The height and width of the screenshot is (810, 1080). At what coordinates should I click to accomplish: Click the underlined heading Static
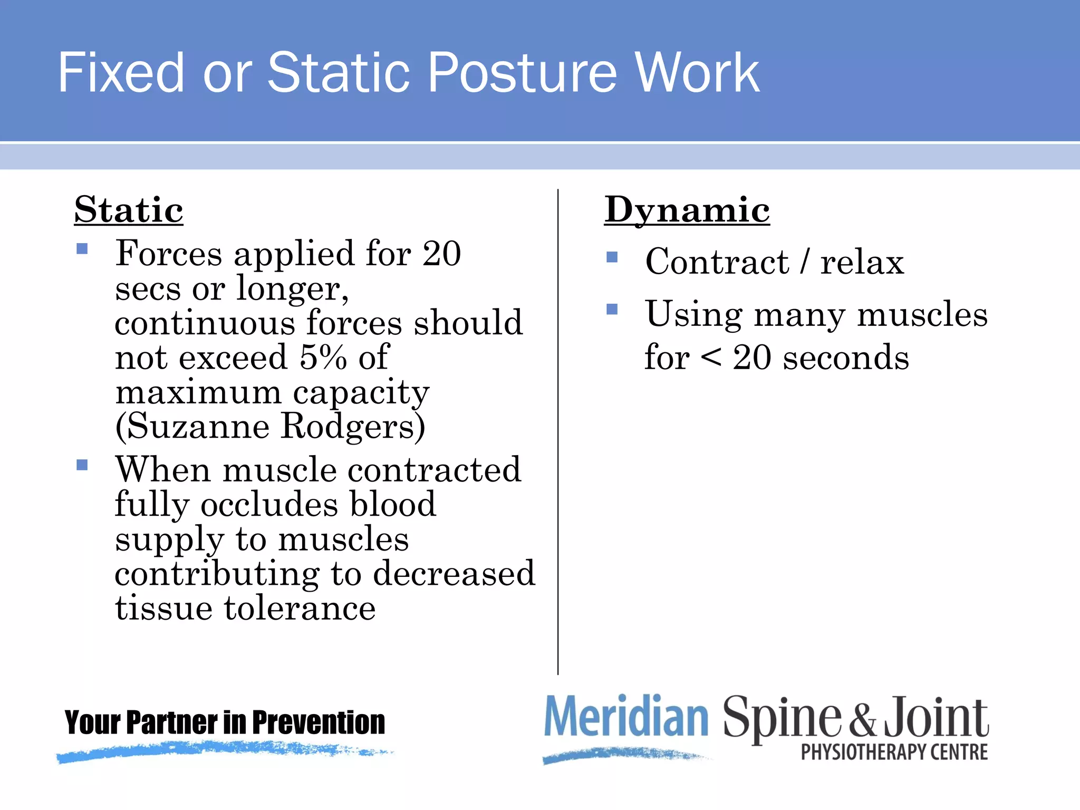point(129,210)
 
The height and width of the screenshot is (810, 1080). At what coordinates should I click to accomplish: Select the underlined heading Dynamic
point(687,210)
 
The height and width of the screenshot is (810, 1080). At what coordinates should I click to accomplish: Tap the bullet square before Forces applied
point(82,248)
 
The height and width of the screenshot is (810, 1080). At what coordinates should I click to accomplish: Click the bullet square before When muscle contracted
point(82,465)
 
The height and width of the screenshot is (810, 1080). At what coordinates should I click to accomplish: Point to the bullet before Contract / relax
point(612,257)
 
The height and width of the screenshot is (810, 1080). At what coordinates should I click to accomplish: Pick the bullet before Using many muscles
point(612,309)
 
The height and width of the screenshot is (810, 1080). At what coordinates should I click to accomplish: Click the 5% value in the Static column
point(323,358)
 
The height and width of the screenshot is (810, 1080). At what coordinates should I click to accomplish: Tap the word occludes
point(269,504)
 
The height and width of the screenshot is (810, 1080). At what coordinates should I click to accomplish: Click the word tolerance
point(300,608)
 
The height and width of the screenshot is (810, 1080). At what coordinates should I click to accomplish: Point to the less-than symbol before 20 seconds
point(711,358)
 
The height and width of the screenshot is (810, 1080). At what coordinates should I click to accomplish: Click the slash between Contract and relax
point(804,262)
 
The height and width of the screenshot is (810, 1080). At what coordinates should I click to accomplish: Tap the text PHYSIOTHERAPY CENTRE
point(894,752)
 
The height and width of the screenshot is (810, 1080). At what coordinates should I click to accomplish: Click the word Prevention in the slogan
point(319,722)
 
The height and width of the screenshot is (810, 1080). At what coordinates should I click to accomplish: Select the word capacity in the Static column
point(361,392)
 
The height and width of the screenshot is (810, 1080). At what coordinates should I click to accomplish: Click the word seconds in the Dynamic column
point(846,358)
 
